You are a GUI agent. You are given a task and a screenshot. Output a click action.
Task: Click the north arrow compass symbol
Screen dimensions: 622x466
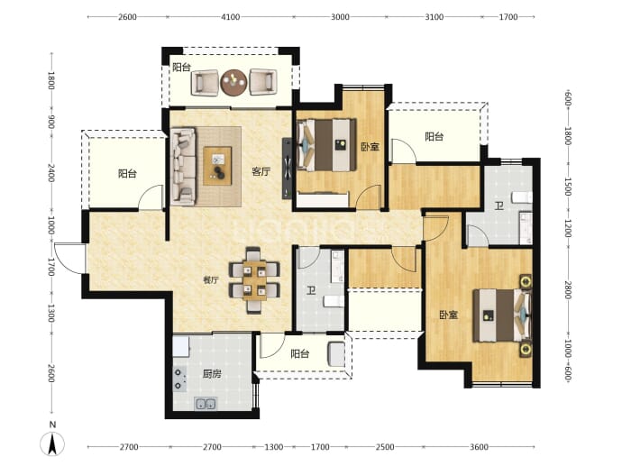[52, 443]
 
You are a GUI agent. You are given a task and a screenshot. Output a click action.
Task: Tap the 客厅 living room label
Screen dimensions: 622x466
[261, 172]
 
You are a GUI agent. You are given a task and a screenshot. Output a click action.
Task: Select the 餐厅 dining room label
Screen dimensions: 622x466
[211, 280]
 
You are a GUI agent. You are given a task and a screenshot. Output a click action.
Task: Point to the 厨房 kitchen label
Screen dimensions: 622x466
[212, 373]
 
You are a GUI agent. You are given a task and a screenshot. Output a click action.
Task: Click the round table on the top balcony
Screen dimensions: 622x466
[234, 83]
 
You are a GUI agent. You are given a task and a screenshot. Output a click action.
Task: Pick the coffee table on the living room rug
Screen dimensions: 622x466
[217, 166]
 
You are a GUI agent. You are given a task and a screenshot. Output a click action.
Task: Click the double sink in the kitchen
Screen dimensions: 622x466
[206, 404]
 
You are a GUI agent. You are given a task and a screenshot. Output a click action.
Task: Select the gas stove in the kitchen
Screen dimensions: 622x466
[179, 379]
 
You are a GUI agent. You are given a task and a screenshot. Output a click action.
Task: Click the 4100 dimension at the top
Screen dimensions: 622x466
[231, 16]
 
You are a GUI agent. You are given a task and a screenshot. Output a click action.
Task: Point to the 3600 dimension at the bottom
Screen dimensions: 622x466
[479, 447]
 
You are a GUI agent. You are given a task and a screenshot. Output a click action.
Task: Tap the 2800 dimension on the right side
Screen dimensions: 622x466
[568, 290]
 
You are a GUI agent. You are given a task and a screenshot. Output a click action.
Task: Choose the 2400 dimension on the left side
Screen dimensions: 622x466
[51, 173]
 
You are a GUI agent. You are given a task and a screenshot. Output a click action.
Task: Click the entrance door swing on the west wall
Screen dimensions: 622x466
[69, 258]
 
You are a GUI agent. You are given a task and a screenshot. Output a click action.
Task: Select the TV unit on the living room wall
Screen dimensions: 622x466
[287, 169]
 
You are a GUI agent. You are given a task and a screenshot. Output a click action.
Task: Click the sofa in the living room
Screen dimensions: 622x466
[183, 166]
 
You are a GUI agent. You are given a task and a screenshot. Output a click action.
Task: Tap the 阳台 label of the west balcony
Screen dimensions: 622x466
[127, 173]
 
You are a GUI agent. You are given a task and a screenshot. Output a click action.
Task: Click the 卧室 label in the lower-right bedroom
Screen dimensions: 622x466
[449, 315]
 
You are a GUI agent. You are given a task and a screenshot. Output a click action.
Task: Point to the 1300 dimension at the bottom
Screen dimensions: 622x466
[274, 447]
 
